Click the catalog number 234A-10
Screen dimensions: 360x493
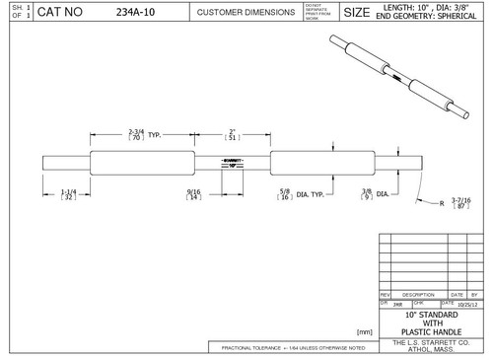tap(135, 13)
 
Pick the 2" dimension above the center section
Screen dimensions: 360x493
tap(232, 134)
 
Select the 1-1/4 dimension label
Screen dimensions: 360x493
tap(69, 194)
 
